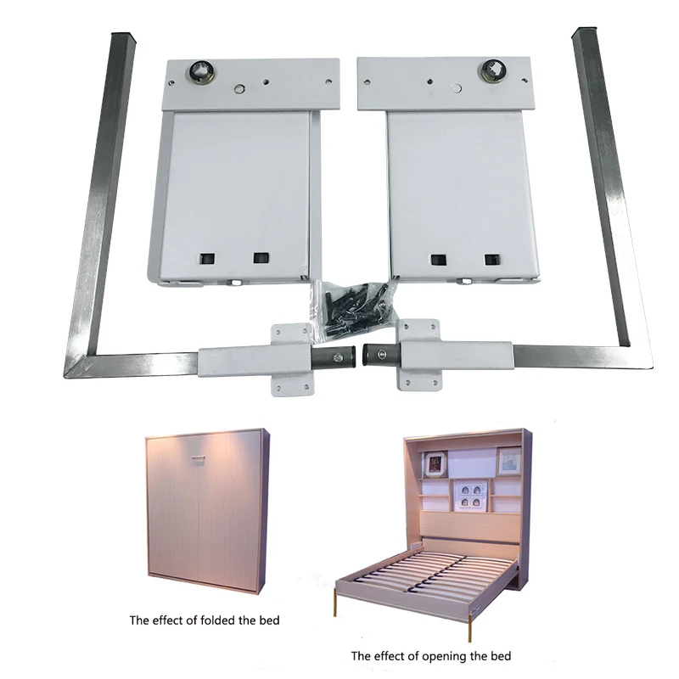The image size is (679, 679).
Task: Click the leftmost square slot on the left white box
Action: click(205, 257)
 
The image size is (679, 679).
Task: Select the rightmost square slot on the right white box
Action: click(491, 258)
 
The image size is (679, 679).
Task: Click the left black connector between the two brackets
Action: click(335, 356)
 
